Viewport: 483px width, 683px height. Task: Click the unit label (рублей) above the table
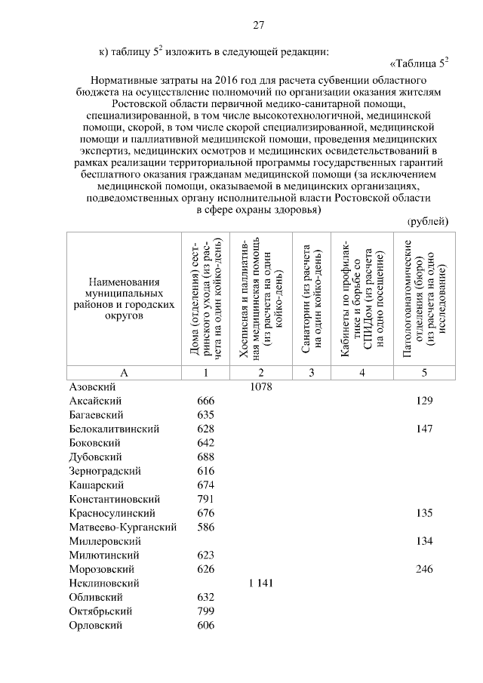[x=428, y=220]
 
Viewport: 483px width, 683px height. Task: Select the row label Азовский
[x=91, y=386]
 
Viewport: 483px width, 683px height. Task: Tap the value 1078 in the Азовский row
[x=260, y=386]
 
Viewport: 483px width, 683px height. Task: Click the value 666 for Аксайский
[x=205, y=401]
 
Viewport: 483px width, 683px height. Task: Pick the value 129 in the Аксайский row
[x=424, y=401]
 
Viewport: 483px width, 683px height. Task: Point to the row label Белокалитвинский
[x=114, y=429]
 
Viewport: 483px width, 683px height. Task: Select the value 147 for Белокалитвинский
[x=424, y=429]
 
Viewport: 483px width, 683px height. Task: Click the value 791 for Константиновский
[x=205, y=499]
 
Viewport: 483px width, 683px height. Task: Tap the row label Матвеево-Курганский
[x=122, y=527]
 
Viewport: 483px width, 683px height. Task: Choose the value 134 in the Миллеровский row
[x=424, y=541]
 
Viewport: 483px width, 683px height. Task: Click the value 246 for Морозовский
[x=424, y=569]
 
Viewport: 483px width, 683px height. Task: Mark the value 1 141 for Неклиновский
[x=260, y=583]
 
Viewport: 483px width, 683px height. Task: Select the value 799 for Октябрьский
[x=205, y=611]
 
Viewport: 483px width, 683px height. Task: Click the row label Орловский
[x=95, y=626]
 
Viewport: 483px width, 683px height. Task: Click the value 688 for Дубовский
[x=205, y=457]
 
